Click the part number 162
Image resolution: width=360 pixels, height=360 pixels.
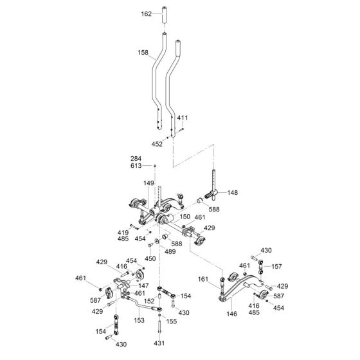tap(147, 14)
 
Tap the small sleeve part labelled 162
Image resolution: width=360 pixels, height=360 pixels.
tap(165, 15)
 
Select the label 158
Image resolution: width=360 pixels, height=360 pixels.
tap(143, 53)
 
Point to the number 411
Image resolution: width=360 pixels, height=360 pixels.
tap(183, 118)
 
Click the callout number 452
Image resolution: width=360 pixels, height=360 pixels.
tap(157, 144)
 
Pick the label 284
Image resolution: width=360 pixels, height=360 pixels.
tap(136, 159)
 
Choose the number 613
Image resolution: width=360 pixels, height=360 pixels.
tap(136, 166)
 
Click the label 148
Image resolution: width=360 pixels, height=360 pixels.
tap(233, 192)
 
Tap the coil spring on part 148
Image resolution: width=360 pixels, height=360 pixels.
tap(209, 195)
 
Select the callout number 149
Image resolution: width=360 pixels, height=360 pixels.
tap(148, 183)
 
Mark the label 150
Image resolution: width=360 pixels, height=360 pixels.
tap(185, 217)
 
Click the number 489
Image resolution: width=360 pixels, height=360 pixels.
tap(170, 251)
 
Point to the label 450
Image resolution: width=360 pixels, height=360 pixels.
tap(150, 258)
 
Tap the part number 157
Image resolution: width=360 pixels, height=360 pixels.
tap(276, 267)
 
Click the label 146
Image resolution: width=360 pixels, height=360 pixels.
tap(231, 314)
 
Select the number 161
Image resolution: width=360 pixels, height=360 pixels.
tap(203, 279)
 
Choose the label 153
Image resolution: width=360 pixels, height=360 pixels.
tap(139, 320)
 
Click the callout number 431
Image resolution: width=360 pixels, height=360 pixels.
tap(159, 343)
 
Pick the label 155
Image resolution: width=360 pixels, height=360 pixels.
tap(172, 321)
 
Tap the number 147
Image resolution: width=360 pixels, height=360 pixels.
tap(143, 286)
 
